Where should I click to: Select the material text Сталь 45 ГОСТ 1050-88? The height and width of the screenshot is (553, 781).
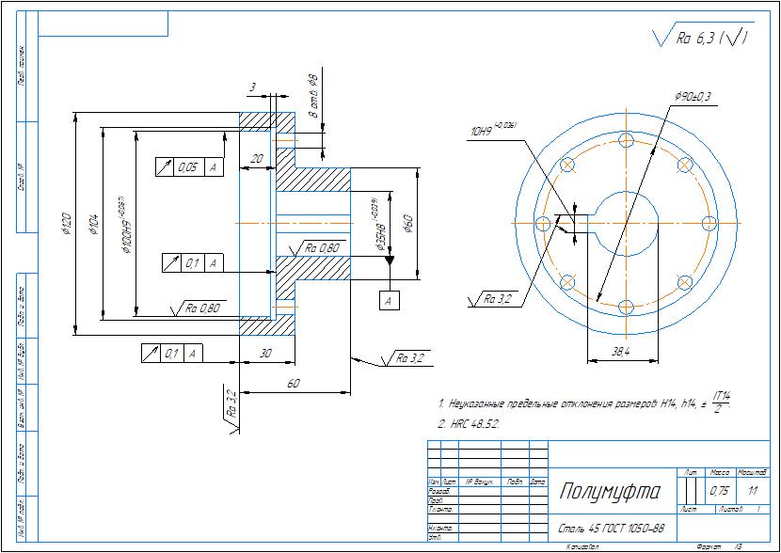point(612,529)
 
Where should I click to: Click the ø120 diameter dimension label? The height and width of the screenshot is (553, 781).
point(65,223)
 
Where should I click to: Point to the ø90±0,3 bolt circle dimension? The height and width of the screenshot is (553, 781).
point(693,97)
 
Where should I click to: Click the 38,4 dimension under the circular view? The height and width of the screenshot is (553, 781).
point(620,351)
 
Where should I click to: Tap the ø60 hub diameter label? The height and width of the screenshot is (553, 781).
point(408,223)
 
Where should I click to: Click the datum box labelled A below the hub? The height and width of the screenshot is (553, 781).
point(389,300)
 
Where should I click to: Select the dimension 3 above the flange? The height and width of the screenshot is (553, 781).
point(252,87)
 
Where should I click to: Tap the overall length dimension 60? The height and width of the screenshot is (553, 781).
point(294,385)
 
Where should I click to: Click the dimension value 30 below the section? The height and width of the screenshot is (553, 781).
point(264,354)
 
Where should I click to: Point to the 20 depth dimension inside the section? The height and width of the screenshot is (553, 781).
point(256,159)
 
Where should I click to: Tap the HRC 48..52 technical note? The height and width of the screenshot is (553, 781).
point(470,424)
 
